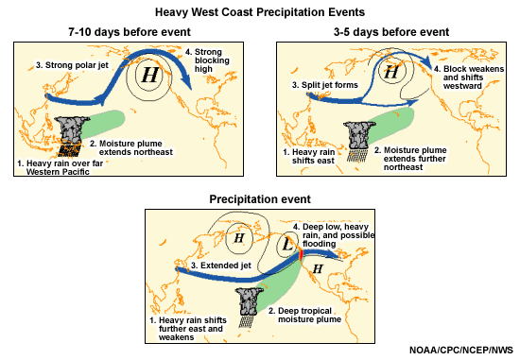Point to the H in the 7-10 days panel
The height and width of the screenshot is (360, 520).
pos(148,74)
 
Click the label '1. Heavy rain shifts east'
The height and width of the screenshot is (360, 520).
pos(321,153)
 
